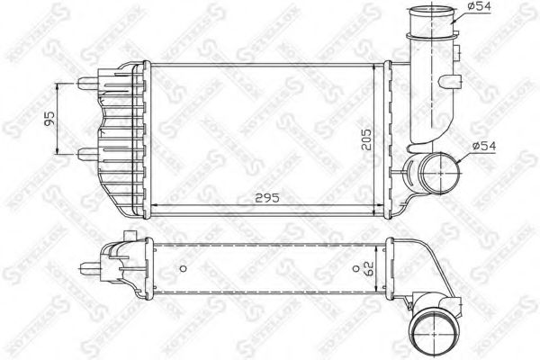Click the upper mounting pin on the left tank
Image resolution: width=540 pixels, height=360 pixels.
pyautogui.click(x=89, y=83)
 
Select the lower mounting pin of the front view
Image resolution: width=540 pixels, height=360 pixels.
pyautogui.click(x=89, y=154)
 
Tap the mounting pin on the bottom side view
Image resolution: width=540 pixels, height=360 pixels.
pyautogui.click(x=90, y=266)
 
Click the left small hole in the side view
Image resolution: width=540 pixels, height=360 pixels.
pyautogui.click(x=183, y=266)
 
